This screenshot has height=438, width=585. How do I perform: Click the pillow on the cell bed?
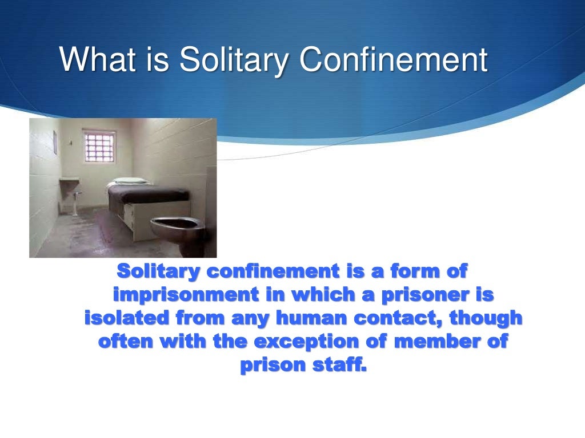tap(129, 182)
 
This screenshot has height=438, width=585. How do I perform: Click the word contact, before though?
tap(392, 318)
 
